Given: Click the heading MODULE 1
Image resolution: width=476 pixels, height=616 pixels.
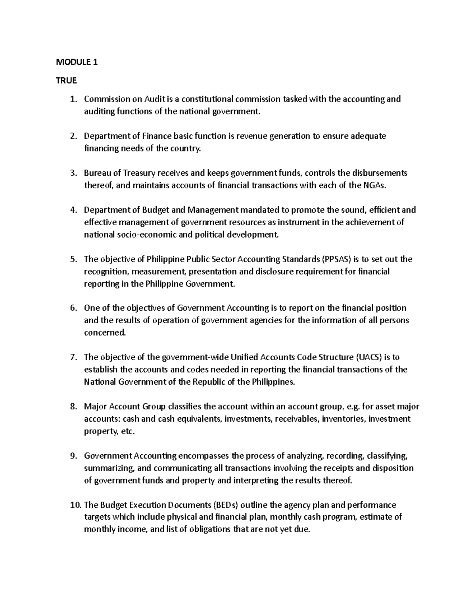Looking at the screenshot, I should point(77,62).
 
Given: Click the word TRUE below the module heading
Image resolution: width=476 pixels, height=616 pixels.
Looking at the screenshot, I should point(66,81).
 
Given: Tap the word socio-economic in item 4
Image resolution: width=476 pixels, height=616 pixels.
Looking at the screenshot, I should point(145,234).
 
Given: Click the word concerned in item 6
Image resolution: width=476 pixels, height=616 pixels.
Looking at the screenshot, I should point(105,333).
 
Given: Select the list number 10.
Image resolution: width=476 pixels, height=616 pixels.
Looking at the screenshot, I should point(75,505).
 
